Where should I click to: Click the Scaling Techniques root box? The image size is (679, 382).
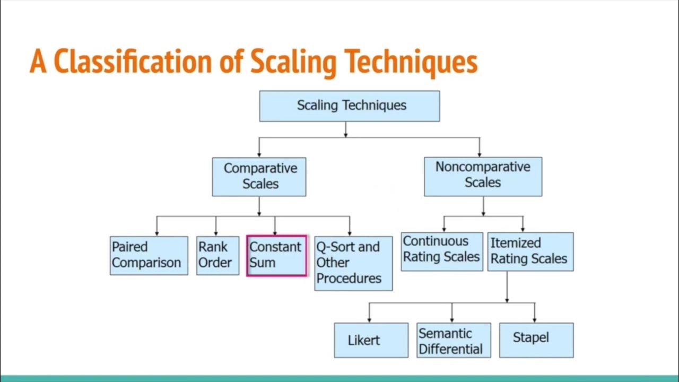coord(349,106)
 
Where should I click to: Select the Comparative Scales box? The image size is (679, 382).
coord(259,177)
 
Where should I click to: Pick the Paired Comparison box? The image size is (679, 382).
coord(149,255)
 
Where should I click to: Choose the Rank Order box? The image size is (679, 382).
coord(217,255)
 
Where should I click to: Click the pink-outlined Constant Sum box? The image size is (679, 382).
coord(276,256)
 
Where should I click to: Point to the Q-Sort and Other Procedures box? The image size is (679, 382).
coord(353,263)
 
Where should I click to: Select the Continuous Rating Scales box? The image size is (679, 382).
coord(441,251)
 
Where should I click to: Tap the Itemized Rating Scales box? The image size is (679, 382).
coord(530,251)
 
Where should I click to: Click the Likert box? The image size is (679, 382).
coord(371,340)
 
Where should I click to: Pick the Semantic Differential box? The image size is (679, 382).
coord(453,340)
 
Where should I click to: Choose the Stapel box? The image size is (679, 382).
coord(536,340)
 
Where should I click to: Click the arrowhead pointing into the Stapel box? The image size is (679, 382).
coord(534,320)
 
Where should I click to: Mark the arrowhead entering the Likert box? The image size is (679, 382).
coord(369,320)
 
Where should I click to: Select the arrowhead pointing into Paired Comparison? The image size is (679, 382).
coord(157,233)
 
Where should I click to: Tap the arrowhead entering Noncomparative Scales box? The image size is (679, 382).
coord(480,154)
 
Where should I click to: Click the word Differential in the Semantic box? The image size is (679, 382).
coord(450,349)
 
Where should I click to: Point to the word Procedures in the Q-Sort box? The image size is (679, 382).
coord(349,278)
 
